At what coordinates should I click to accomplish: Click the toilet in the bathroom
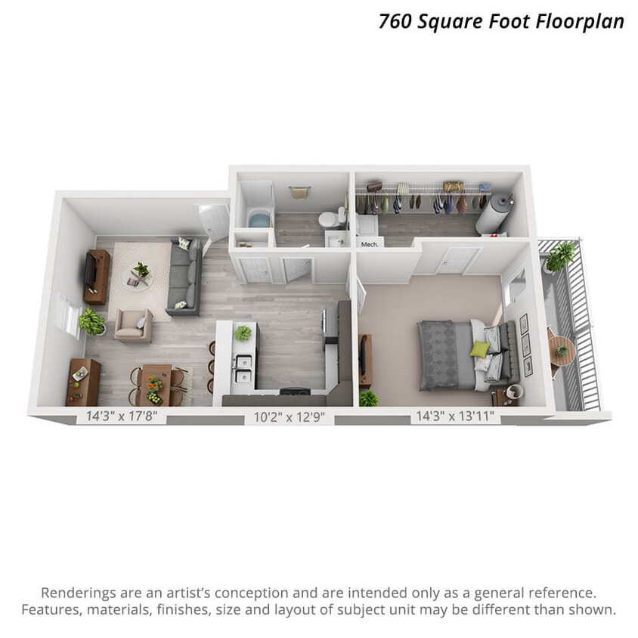327,220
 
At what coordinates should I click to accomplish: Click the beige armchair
132,325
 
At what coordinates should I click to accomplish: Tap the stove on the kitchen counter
295,392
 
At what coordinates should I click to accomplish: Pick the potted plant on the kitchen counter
243,333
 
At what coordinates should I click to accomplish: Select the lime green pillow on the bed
479,348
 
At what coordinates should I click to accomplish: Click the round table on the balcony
561,349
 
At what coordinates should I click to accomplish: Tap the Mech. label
369,244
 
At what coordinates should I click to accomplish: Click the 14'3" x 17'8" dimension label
121,416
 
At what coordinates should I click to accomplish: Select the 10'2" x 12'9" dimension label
288,417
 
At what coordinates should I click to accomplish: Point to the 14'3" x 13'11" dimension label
455,416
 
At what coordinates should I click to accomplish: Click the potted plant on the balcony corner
561,256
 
